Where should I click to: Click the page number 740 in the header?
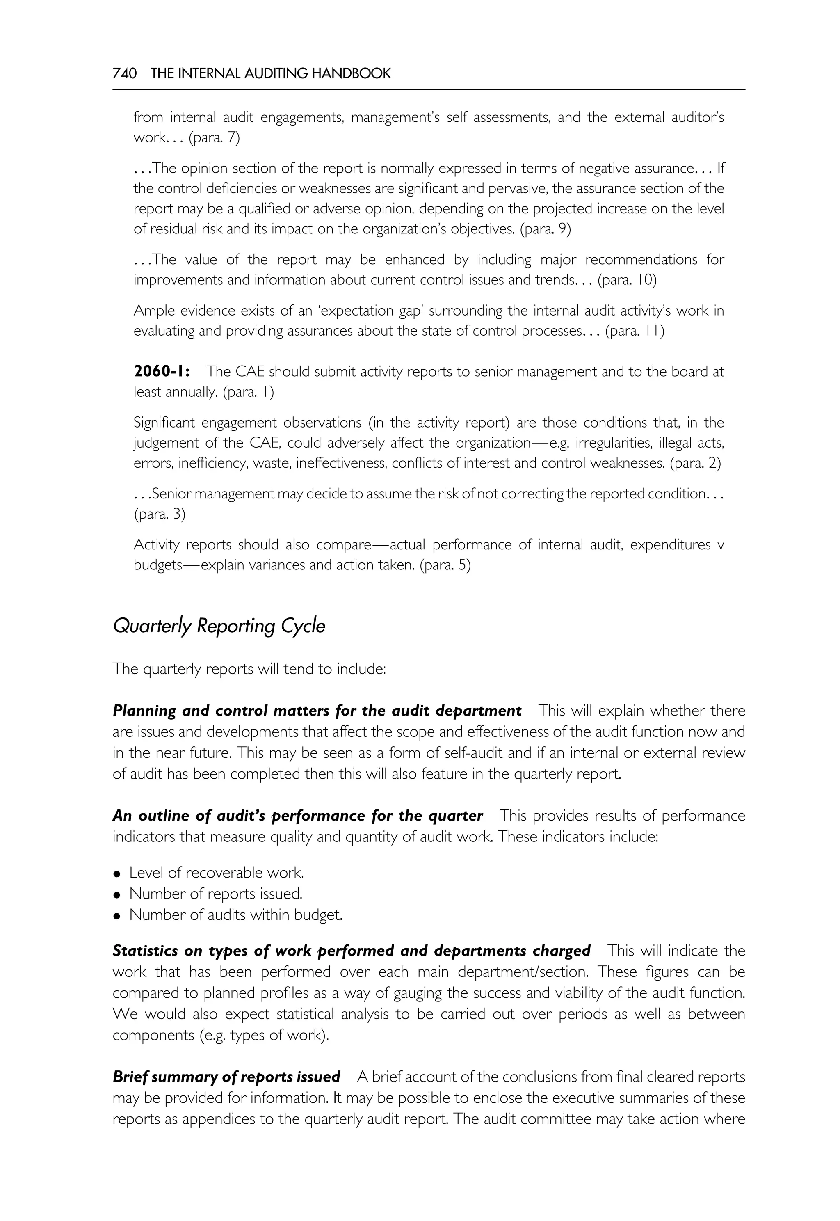coord(124,74)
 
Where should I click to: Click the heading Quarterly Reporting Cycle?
coord(219,626)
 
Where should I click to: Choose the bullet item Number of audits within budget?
coord(236,915)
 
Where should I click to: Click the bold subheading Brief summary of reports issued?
coord(226,1077)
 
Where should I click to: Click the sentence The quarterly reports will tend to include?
coord(249,669)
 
